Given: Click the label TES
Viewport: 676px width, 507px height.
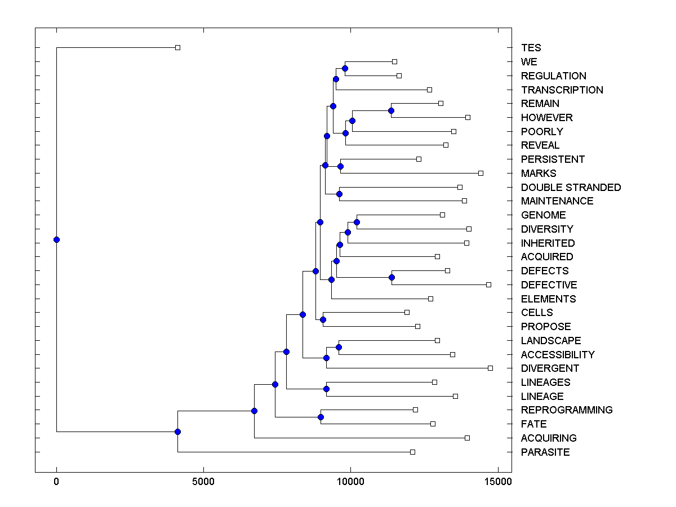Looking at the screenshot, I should click(531, 48).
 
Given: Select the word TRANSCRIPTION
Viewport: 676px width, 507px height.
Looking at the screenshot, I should click(562, 90).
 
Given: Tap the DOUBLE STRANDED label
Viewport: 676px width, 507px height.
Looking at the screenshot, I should click(571, 188).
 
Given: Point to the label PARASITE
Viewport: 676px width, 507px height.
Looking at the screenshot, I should click(545, 452).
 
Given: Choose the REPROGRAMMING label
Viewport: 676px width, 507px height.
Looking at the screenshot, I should click(567, 410).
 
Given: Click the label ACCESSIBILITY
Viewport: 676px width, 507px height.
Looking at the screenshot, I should click(558, 355).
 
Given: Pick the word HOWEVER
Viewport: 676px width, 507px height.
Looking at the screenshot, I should click(546, 118).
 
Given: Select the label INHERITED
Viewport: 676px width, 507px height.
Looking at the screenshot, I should click(548, 243).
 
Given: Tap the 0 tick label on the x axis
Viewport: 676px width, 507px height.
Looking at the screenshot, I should click(56, 482).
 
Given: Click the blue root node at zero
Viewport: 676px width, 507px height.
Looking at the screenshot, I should click(56, 239).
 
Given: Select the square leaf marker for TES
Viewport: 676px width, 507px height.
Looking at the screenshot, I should click(177, 48).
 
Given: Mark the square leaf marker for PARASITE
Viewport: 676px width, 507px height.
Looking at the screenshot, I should click(412, 452).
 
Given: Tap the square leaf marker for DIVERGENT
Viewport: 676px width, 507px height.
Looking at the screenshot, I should click(490, 368).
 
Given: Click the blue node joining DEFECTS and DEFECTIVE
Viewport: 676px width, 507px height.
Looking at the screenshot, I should click(392, 277).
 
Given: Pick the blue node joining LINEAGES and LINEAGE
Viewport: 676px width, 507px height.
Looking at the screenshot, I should click(326, 389).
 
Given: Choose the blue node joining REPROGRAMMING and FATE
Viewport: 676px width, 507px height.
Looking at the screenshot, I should click(321, 417).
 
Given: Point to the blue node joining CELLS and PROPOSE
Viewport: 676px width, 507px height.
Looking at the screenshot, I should click(323, 319).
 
